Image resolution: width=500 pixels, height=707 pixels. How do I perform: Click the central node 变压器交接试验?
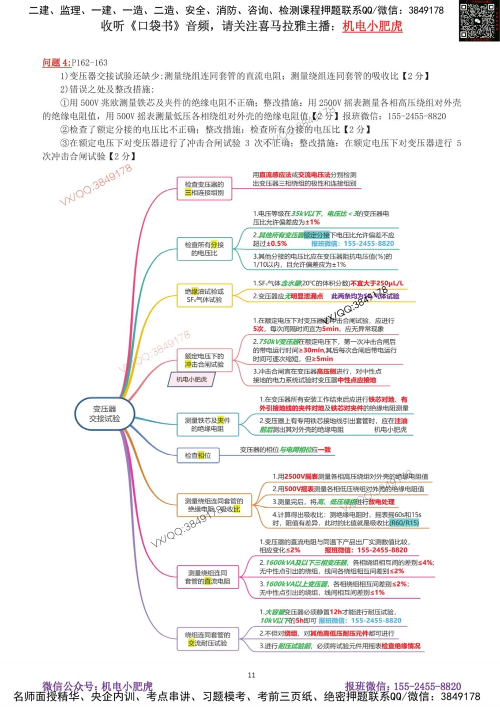pos(104,414)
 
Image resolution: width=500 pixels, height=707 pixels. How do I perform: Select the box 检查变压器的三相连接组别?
pos(204,188)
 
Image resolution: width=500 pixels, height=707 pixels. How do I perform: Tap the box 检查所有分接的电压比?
pos(204,249)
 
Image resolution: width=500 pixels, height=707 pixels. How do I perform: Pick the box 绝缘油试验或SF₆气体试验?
pos(204,295)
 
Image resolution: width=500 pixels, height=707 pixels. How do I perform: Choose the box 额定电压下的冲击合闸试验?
pos(204,360)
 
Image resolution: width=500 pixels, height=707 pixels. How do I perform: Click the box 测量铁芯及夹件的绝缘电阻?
pos(207,424)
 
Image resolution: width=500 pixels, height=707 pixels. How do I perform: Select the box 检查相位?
pos(198,455)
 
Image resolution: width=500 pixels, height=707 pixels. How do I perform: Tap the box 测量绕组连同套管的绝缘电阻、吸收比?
pos(214,505)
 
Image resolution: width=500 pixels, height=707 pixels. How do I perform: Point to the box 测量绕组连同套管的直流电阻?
pos(207,577)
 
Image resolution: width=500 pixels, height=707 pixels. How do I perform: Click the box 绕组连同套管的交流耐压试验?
pos(207,639)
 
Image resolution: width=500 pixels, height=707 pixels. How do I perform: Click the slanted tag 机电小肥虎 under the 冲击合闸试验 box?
pos(191,380)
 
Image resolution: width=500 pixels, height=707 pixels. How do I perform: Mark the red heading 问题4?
pos(56,62)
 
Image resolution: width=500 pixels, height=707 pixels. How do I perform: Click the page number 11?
pos(251,675)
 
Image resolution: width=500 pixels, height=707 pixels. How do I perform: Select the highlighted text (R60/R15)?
pos(404,523)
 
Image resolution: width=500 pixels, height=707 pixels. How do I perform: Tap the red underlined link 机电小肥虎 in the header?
pos(372,26)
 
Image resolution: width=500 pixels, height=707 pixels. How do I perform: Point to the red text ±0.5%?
pos(276,244)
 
